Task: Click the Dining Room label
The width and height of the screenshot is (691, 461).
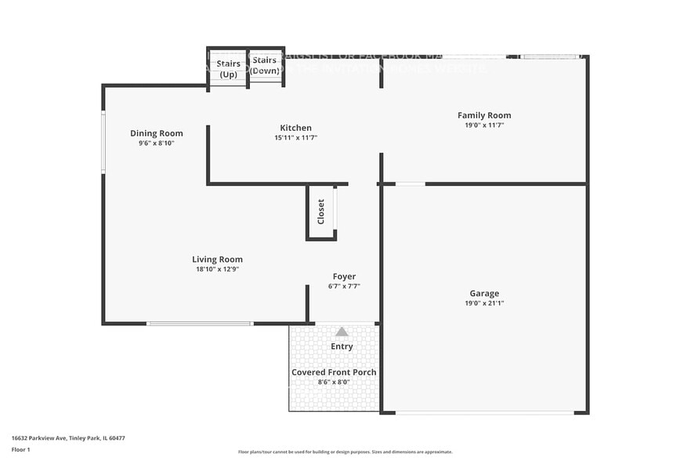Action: [156, 133]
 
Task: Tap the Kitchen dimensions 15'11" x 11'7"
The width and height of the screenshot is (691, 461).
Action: [295, 138]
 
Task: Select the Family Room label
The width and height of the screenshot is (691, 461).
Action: [484, 115]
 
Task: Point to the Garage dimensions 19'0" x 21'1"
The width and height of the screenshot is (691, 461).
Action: [484, 303]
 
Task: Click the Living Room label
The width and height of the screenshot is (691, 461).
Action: [217, 260]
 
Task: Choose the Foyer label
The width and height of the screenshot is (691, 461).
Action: [344, 277]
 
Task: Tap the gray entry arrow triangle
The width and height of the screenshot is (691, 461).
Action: [342, 332]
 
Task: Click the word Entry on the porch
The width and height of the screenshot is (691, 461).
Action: [342, 347]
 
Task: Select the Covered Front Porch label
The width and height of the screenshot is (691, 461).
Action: [334, 372]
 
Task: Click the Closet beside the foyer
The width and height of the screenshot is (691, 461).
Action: [321, 212]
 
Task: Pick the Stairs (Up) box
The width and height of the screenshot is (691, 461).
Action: [228, 67]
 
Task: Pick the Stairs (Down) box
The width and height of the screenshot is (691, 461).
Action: [266, 66]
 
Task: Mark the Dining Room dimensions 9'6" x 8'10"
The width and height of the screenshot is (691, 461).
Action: [156, 143]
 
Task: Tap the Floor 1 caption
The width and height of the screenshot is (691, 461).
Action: [20, 449]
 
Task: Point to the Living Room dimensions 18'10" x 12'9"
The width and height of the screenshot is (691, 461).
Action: [217, 270]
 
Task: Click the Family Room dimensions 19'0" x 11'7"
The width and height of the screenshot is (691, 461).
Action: [484, 125]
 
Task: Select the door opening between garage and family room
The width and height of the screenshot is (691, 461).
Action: [410, 184]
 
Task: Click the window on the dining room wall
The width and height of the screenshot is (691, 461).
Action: [103, 142]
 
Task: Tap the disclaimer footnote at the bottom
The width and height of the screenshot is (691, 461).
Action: [345, 452]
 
